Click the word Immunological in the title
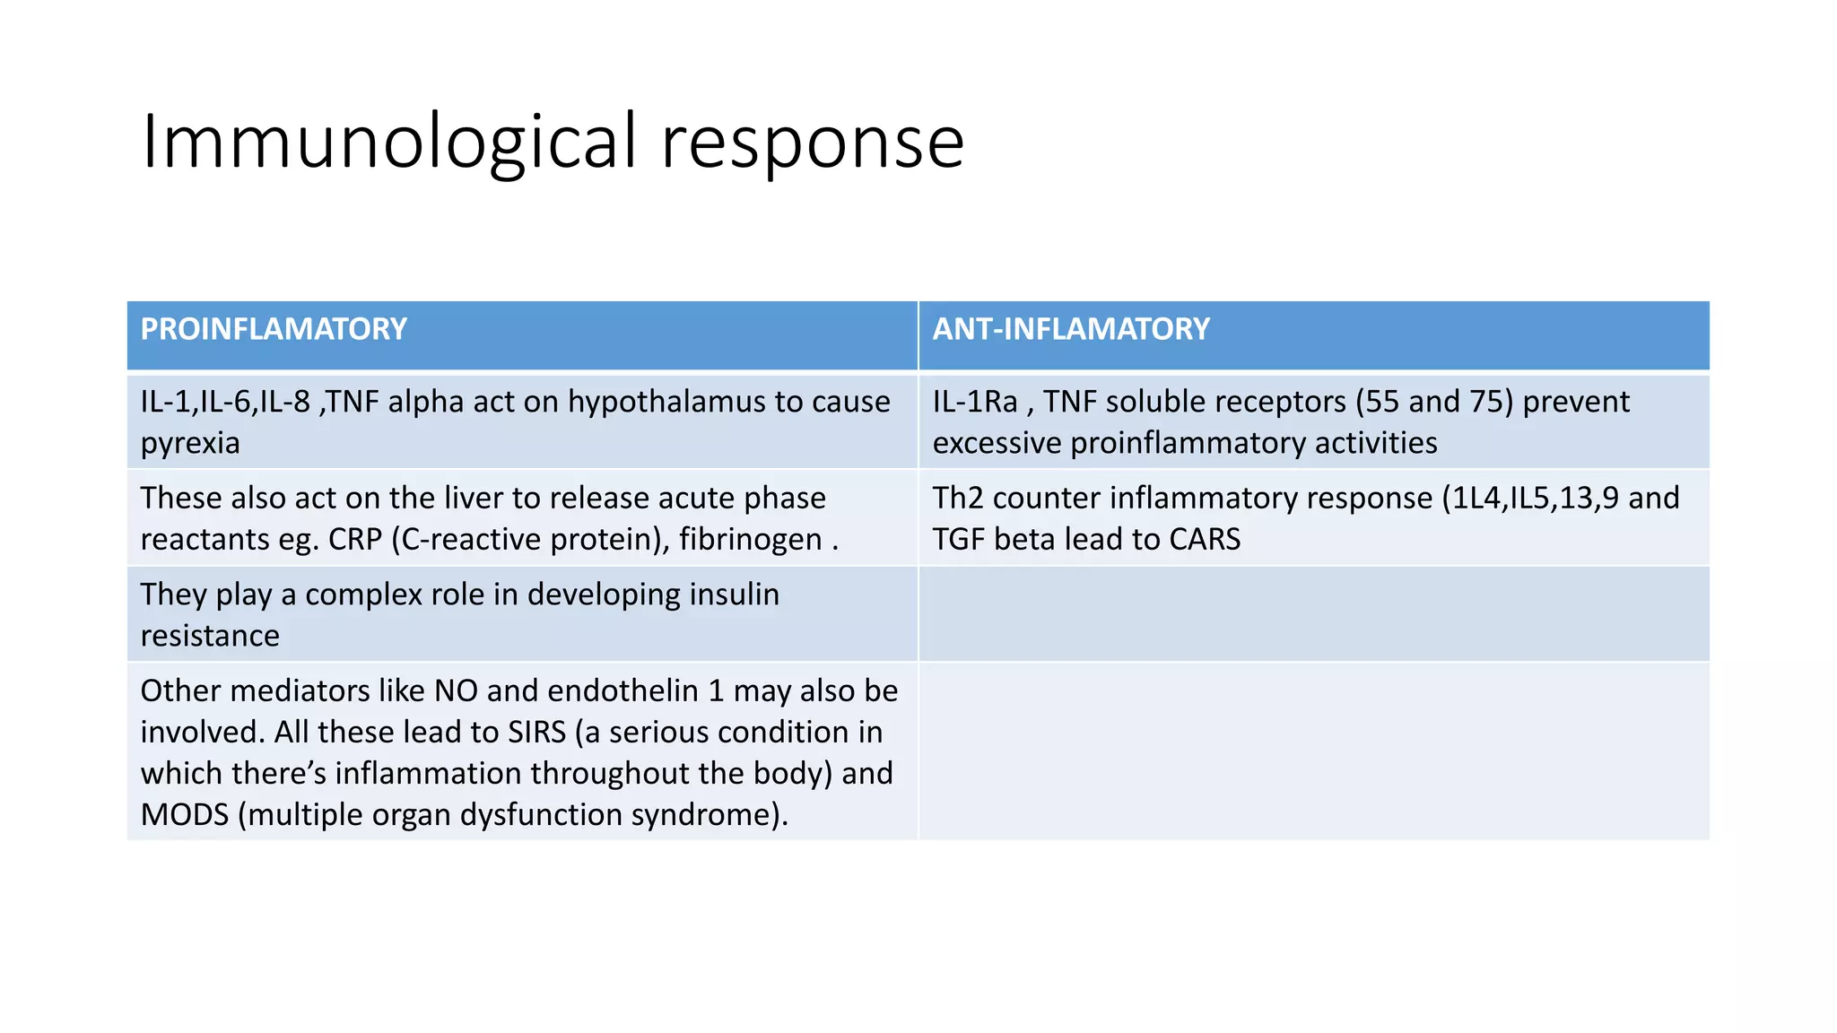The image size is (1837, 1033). [x=388, y=142]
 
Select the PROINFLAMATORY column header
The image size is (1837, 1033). [x=274, y=329]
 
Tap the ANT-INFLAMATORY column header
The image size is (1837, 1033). [x=1071, y=329]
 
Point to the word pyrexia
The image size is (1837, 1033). [x=190, y=443]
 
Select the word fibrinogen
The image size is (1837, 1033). [x=750, y=539]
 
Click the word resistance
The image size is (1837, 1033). [x=210, y=636]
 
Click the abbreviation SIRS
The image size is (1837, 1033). [x=536, y=732]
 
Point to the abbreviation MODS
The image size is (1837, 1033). [x=185, y=814]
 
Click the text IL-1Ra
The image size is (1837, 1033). [x=975, y=402]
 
